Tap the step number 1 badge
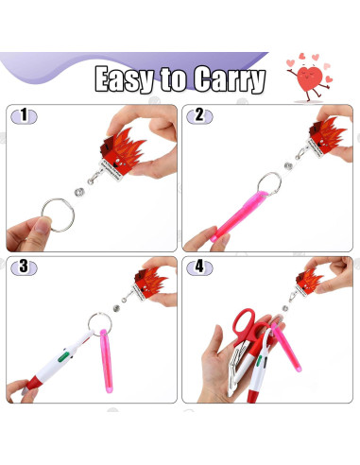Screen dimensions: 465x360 tap(26, 116)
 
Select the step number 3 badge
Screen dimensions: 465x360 tap(26, 268)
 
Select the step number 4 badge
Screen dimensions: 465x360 tap(199, 268)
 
